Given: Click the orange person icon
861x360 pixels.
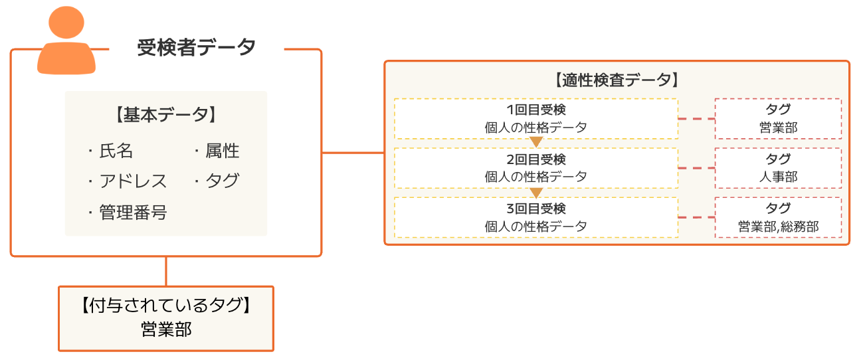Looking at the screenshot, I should pos(66,41).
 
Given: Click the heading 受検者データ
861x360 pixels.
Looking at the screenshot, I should pos(196,48).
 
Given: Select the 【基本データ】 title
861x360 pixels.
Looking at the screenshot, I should pos(166,115).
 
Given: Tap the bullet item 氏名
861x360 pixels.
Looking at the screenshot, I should pos(116,151).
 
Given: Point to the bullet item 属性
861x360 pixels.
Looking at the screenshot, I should pos(222,151).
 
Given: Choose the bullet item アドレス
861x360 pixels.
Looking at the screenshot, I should pos(133,181).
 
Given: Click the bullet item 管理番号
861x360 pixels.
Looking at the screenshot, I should pos(133,213).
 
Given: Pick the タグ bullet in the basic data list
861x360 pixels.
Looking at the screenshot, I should pos(222,181).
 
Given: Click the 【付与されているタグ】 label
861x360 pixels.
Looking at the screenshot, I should pos(166,306).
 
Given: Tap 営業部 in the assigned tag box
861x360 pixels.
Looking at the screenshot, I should pos(166,329).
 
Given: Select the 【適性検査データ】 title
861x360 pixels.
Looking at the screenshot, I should pos(616,81).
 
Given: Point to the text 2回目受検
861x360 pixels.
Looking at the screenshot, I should pos(536,159).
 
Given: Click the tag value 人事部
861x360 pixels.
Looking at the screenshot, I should pos(778,177).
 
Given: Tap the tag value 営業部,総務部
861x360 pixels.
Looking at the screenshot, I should pos(778,226).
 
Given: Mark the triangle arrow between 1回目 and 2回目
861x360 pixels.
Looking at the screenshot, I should pos(536,142).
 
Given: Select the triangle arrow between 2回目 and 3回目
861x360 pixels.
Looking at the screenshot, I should pos(536,193).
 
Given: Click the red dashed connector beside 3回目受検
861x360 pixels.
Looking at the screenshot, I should pos(696,217).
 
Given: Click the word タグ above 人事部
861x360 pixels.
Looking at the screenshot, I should pos(778,159).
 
